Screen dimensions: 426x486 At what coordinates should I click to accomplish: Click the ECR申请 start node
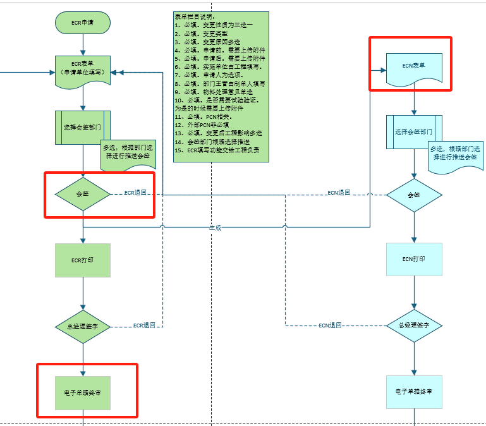coord(83,23)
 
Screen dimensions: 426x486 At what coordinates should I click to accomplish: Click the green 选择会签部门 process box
coord(83,127)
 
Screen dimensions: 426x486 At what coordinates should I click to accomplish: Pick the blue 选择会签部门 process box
coord(414,132)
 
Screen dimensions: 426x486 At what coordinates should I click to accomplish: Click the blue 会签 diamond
coord(414,195)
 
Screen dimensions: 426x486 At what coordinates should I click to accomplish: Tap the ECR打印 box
coord(83,260)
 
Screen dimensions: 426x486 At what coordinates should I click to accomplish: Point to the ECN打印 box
coord(414,259)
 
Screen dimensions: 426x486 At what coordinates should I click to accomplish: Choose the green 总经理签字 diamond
coord(83,326)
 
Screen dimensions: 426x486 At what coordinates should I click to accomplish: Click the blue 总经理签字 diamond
coord(414,326)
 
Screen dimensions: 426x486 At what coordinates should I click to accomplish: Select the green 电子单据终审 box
coord(83,392)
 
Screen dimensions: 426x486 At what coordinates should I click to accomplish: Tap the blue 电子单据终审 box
coord(414,392)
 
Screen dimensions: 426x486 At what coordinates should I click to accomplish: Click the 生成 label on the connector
coord(216,228)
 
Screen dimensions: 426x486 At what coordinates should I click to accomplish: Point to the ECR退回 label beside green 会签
coord(135,192)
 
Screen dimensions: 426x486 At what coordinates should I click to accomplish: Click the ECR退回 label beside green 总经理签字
coord(144,326)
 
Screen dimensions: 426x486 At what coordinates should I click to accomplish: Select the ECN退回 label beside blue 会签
coord(339,192)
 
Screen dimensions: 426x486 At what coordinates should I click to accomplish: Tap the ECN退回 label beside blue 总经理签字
coord(330,326)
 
